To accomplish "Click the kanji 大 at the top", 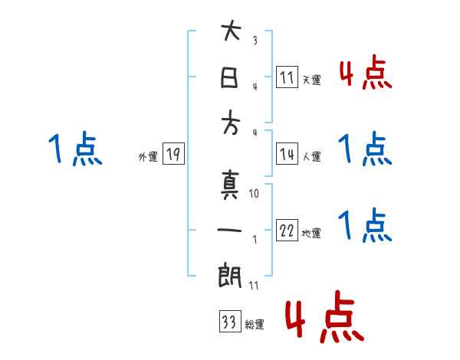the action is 230,34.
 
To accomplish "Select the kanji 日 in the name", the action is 230,80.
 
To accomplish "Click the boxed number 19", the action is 172,155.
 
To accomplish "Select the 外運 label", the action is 147,157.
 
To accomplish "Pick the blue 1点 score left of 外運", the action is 74,149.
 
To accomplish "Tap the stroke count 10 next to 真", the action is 255,194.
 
